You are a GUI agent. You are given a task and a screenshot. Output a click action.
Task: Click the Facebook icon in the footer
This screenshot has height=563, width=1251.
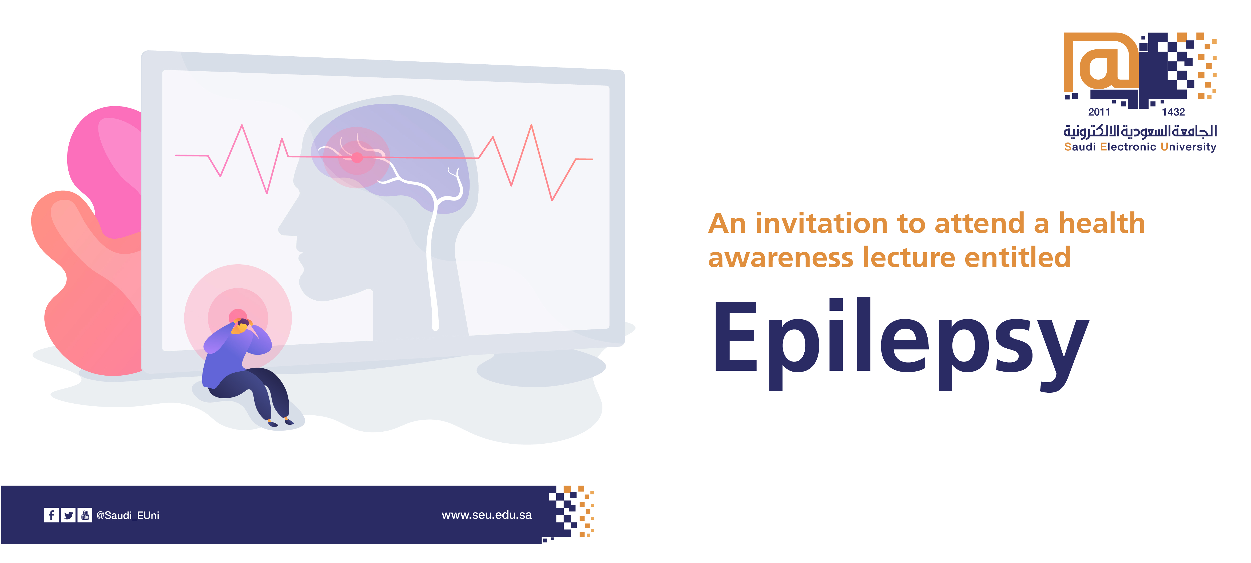pos(51,515)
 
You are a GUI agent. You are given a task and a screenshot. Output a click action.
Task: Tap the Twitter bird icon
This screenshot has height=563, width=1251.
pos(69,515)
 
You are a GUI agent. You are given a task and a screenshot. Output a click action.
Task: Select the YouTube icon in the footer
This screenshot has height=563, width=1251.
pos(85,515)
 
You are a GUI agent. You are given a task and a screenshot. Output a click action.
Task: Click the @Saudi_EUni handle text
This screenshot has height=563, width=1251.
pos(128,515)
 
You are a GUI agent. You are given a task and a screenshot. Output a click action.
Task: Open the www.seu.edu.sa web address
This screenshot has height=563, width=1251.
pos(487,515)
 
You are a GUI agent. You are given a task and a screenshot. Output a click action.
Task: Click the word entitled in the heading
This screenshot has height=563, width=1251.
pos(1017,257)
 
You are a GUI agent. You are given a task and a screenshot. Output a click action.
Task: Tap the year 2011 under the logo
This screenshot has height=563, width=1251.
pos(1099,112)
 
